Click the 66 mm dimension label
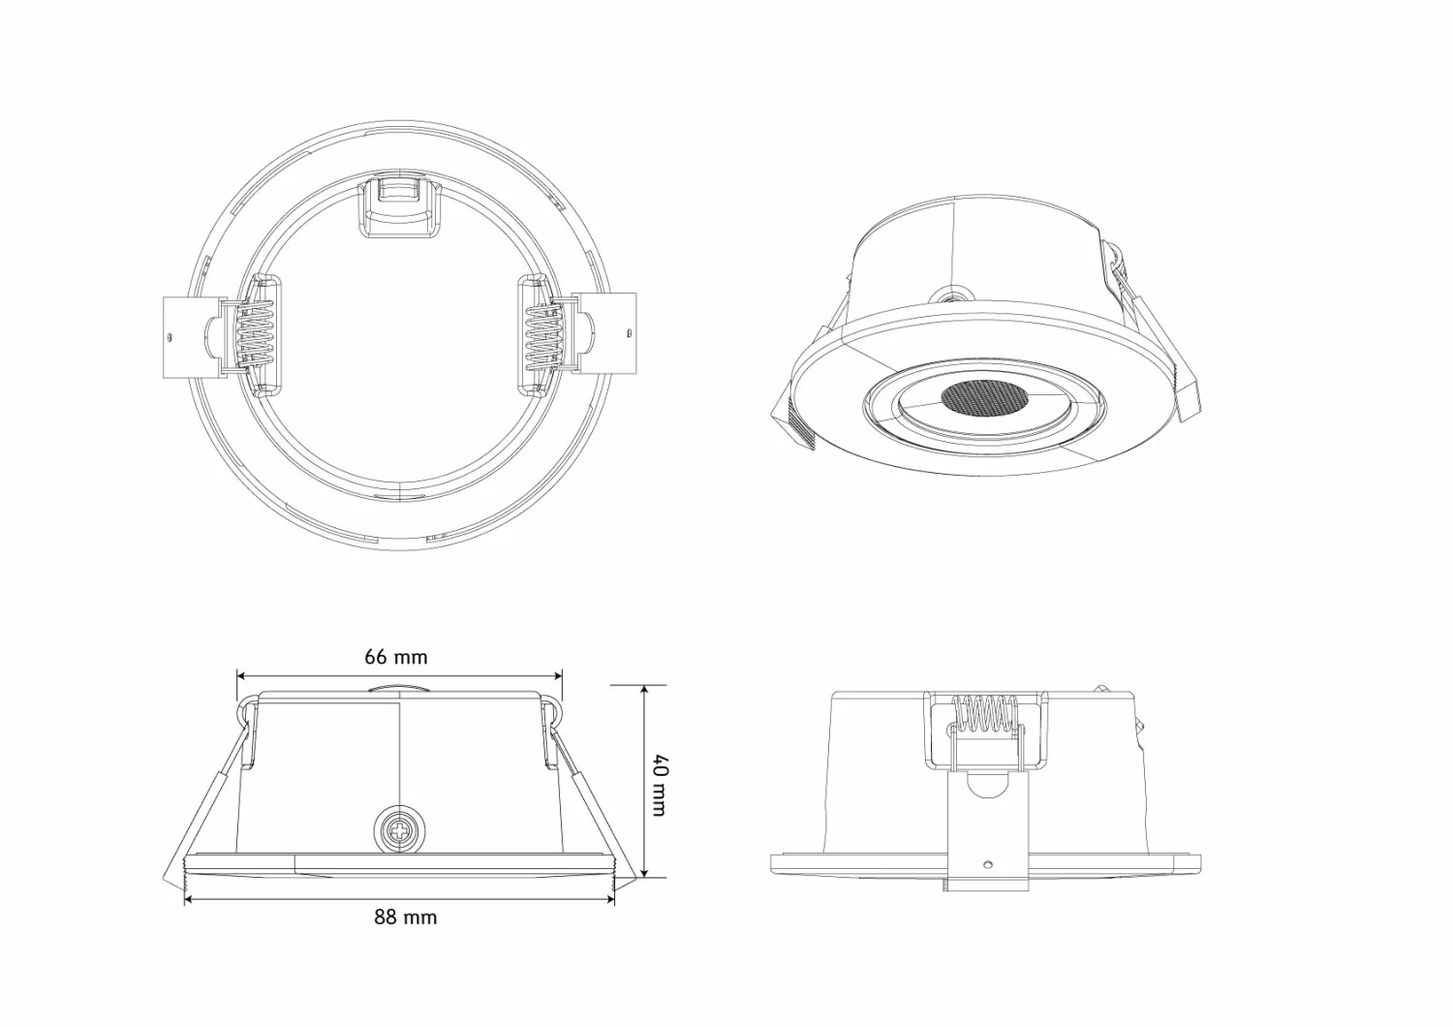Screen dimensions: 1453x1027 (395, 657)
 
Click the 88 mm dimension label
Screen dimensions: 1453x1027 (406, 918)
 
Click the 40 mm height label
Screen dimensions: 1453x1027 (660, 786)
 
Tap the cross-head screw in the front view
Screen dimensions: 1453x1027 (401, 829)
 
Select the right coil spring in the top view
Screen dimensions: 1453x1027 (542, 335)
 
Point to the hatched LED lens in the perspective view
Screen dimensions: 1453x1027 (983, 397)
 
